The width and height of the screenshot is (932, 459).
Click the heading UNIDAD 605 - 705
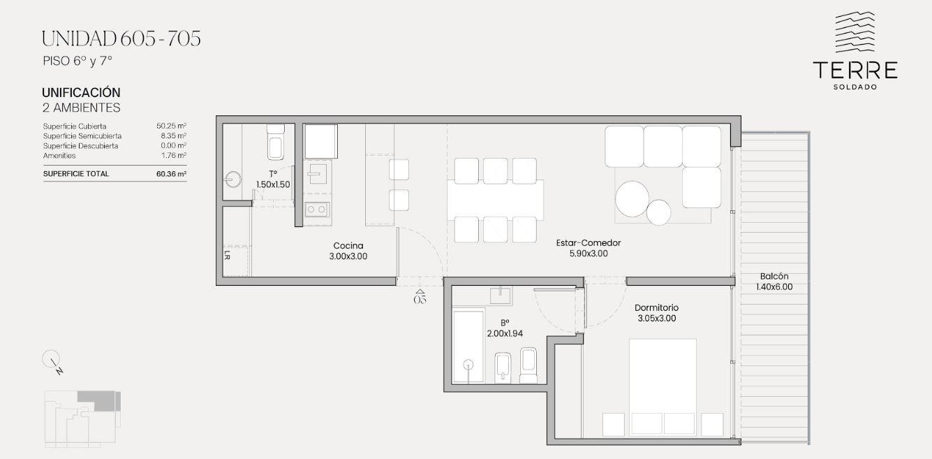coord(121,38)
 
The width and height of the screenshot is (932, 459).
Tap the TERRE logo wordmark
coord(855,70)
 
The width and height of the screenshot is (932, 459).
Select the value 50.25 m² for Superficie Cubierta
coord(172,126)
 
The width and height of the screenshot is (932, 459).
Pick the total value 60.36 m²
coord(172,174)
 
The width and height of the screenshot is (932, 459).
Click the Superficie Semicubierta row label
coord(82,136)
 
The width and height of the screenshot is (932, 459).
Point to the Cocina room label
coord(348,246)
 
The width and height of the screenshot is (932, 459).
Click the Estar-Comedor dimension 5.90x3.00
coord(589,253)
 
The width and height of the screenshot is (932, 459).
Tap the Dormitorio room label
coord(656,307)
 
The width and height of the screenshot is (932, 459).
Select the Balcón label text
coord(774,276)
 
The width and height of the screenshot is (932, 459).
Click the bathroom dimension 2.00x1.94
coord(505,333)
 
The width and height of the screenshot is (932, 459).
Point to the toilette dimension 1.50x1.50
coord(273,184)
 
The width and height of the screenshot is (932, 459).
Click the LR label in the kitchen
coord(227,255)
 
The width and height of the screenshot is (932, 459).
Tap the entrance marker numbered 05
coord(420,297)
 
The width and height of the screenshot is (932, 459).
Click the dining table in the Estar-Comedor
coord(495,200)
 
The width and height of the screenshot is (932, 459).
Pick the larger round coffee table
coord(632,198)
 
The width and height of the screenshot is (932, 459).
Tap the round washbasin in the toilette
coord(233,180)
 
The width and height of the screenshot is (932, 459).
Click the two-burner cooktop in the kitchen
coord(317,210)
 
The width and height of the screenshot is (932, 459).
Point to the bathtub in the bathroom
coord(468,346)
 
